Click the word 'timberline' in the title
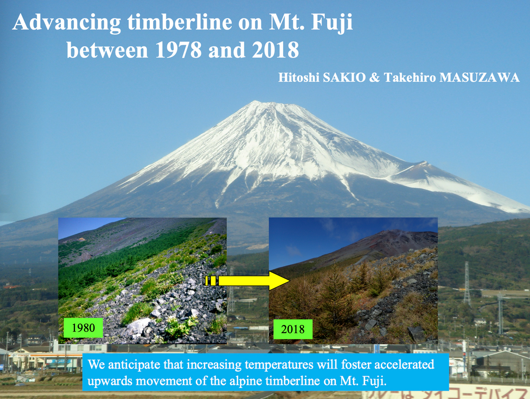(180, 22)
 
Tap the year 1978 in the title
(178, 49)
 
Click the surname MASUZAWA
(480, 77)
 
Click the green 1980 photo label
(83, 327)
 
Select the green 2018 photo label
(293, 329)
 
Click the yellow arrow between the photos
(247, 280)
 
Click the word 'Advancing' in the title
(66, 23)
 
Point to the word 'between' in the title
(107, 49)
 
